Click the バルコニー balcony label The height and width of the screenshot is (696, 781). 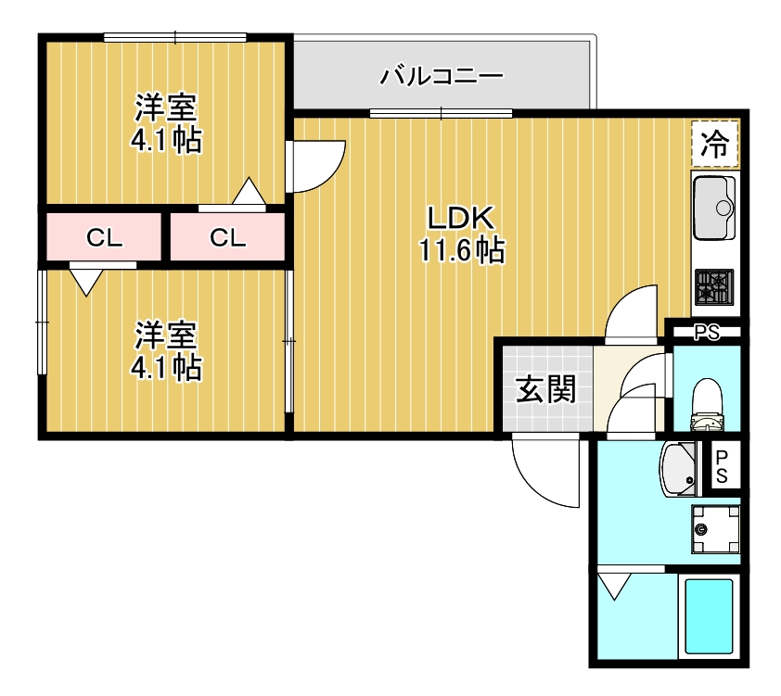click(442, 75)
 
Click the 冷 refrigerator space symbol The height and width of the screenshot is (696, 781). click(714, 144)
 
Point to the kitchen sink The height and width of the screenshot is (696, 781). click(713, 207)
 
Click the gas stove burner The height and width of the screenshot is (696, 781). click(714, 286)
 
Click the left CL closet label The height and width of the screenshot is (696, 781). click(105, 238)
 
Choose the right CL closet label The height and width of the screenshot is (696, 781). click(227, 238)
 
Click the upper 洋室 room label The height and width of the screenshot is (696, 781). click(165, 108)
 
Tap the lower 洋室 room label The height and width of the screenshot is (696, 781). click(165, 335)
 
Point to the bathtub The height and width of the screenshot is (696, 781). click(708, 615)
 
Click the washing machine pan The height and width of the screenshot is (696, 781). click(713, 530)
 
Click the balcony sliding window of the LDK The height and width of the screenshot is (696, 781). click(442, 114)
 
